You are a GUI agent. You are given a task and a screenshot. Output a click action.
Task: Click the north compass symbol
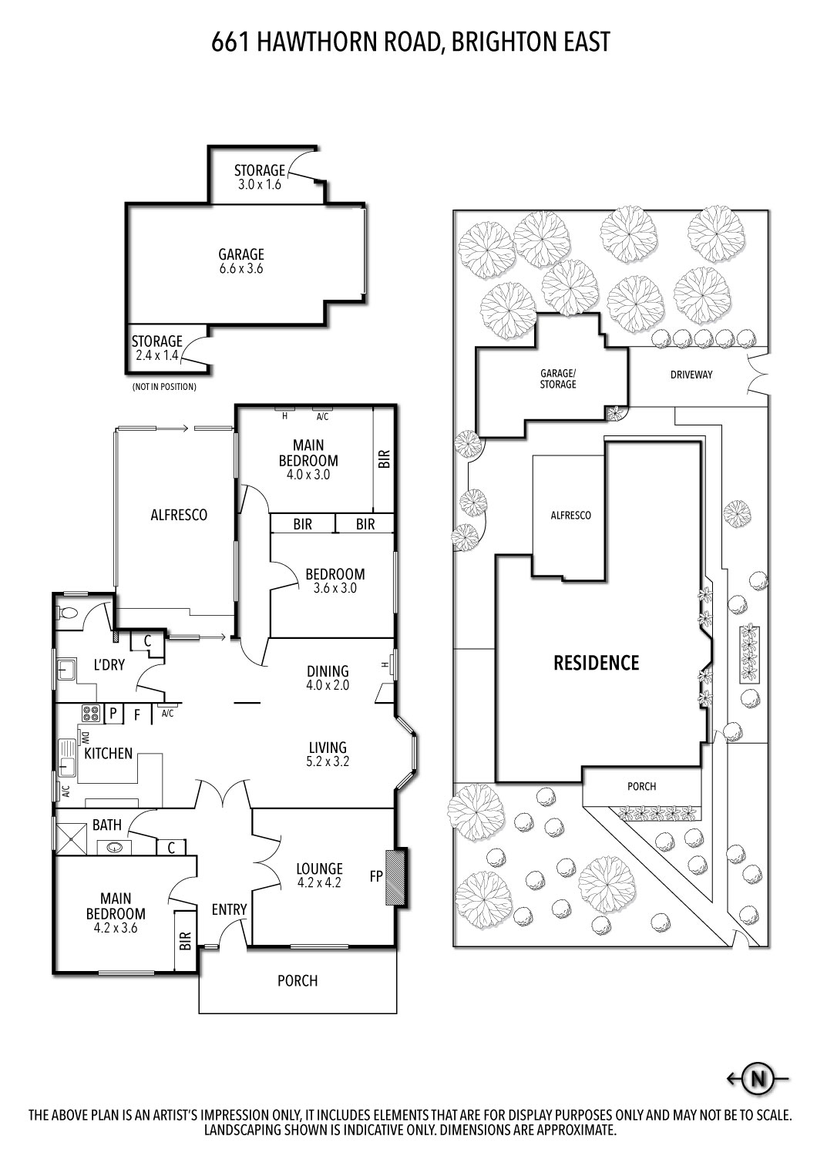tap(758, 1079)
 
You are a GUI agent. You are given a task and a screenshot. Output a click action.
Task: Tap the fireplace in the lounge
tap(398, 876)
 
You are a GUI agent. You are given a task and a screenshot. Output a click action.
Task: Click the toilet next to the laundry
tap(67, 613)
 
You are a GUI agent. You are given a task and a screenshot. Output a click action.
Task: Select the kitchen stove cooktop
tap(91, 714)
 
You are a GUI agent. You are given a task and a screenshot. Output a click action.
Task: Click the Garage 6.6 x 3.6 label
tap(240, 261)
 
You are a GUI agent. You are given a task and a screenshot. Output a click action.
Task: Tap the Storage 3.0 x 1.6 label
tap(259, 177)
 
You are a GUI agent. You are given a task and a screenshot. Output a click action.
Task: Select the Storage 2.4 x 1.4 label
tap(156, 348)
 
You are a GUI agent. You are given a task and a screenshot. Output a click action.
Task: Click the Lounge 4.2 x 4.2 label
tap(319, 875)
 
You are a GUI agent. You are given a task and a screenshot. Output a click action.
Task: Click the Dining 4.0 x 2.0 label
tap(328, 677)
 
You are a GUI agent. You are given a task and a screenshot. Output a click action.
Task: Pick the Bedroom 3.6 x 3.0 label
tap(335, 580)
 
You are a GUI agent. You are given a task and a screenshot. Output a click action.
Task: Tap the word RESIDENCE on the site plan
tap(596, 663)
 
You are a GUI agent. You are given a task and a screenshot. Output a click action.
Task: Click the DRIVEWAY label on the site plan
tap(691, 375)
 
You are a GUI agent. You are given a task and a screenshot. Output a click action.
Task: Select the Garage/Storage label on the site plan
tap(557, 378)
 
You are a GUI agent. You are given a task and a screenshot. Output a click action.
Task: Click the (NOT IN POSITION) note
tap(164, 387)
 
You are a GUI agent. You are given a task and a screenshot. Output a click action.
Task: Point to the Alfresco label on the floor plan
tap(179, 515)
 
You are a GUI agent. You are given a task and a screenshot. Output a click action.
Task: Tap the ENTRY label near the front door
tap(229, 910)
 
